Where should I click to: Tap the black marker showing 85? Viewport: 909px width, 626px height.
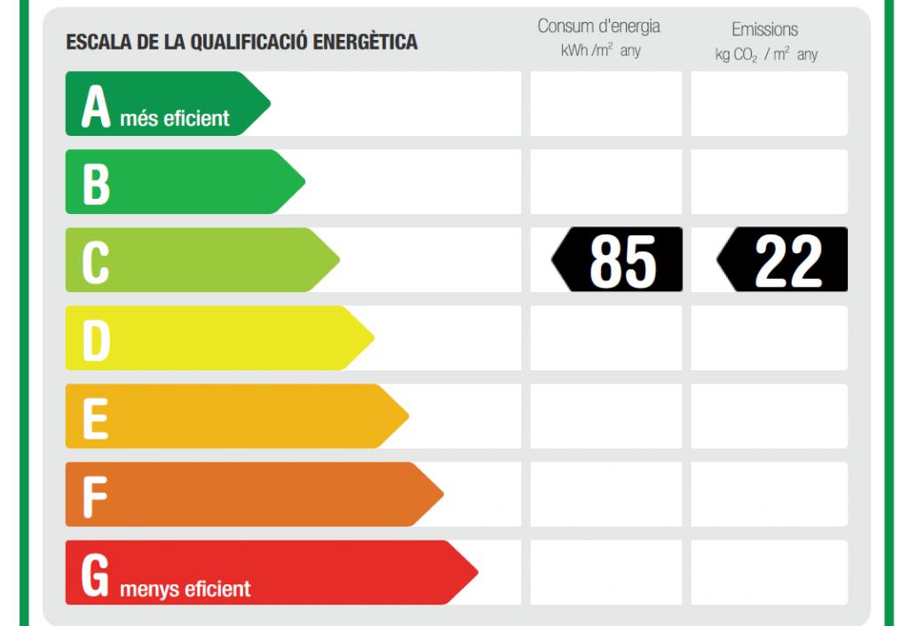click(x=619, y=260)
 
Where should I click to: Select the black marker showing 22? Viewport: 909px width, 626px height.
click(x=783, y=260)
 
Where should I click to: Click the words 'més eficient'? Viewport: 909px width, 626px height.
click(x=175, y=118)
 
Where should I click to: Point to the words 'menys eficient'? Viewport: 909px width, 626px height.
click(x=185, y=588)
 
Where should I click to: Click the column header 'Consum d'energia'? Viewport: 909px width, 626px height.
click(x=599, y=27)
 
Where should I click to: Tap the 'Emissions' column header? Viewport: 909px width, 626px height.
click(x=765, y=29)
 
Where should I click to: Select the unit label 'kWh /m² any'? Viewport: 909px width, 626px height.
click(x=601, y=51)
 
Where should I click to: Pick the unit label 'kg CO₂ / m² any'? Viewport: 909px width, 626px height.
click(x=766, y=55)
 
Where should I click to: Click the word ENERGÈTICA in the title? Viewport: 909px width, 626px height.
click(x=364, y=42)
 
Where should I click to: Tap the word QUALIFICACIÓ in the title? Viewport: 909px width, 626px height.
click(x=242, y=42)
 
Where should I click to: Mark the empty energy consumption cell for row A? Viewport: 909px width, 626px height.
click(x=606, y=104)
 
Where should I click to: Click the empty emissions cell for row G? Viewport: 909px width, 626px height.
click(x=770, y=573)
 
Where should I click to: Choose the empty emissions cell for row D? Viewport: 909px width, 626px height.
click(x=770, y=338)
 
